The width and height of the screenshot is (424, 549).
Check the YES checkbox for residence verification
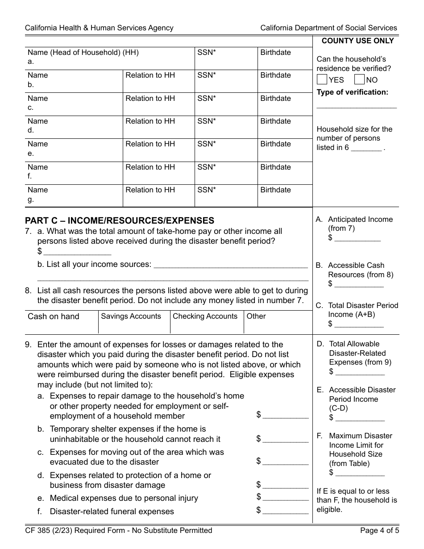pos(322,80)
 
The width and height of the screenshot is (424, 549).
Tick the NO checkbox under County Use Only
pos(359,80)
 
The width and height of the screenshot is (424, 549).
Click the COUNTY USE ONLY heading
pos(357,41)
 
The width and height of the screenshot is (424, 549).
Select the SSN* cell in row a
pos(226,58)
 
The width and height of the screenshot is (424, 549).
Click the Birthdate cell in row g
pos(285,195)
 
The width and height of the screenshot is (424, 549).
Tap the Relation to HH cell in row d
pos(158,127)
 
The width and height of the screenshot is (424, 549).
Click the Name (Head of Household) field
pos(109,58)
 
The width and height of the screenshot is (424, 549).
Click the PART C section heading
pos(120,220)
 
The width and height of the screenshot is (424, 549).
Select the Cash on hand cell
pos(62,322)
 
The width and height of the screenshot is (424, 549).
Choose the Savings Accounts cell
pos(134,322)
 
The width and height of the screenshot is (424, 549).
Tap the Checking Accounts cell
pos(207,322)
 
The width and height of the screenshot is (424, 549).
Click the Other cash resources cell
pos(278,322)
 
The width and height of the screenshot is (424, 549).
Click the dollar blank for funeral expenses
pos(286,511)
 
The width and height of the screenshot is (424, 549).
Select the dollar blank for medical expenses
pos(286,498)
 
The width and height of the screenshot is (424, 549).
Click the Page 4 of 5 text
pos(378,530)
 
